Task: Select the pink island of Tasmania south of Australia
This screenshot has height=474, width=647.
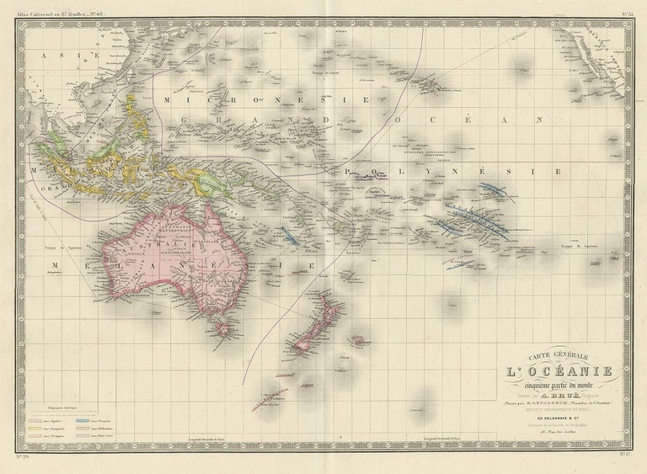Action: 223,324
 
